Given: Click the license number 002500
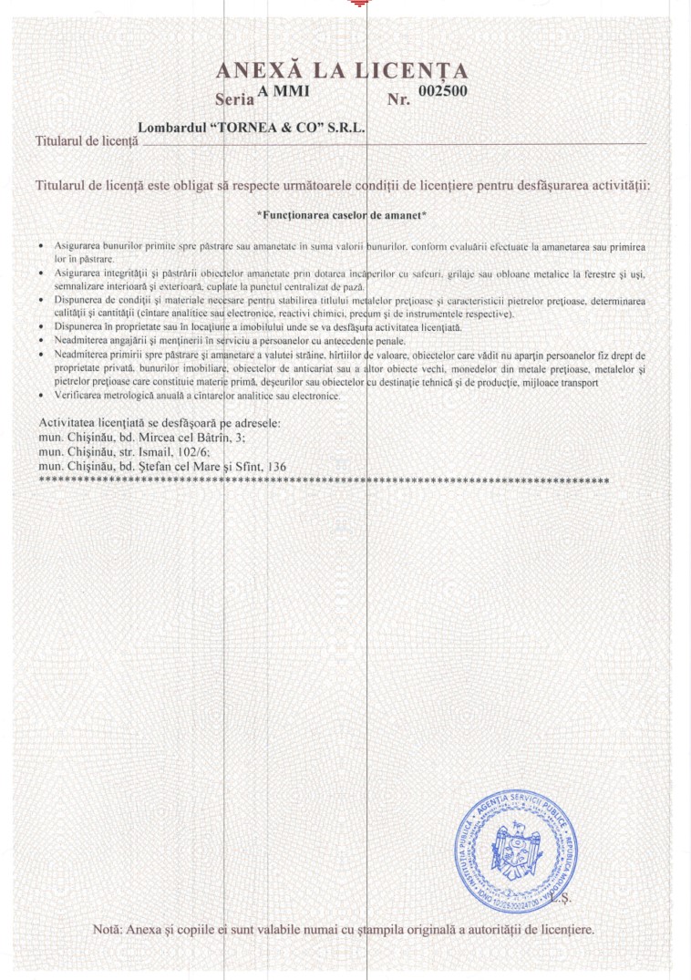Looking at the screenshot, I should (x=442, y=90).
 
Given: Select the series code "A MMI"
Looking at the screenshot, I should (x=284, y=90).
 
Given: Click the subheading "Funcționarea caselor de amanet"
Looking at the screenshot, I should (x=342, y=216).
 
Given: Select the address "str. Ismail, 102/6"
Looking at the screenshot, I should (x=160, y=451).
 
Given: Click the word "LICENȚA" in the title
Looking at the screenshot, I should (x=412, y=71).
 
